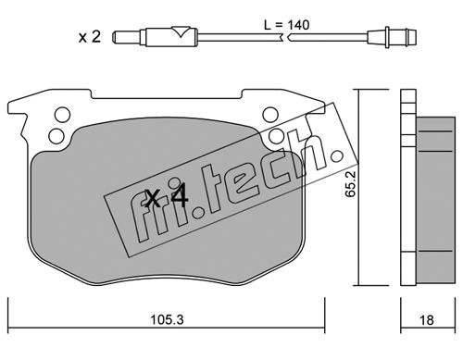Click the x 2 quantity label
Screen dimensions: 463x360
(x=90, y=37)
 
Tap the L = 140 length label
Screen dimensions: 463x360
(x=287, y=25)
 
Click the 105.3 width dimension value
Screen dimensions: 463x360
(x=167, y=320)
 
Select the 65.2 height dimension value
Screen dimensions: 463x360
(x=351, y=184)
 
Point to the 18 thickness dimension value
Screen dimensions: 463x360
(x=427, y=320)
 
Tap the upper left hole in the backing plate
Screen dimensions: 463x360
(x=62, y=115)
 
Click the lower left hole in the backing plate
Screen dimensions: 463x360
(x=56, y=136)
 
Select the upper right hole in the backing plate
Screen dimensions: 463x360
(x=270, y=115)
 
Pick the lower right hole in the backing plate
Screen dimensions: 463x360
(x=276, y=136)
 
